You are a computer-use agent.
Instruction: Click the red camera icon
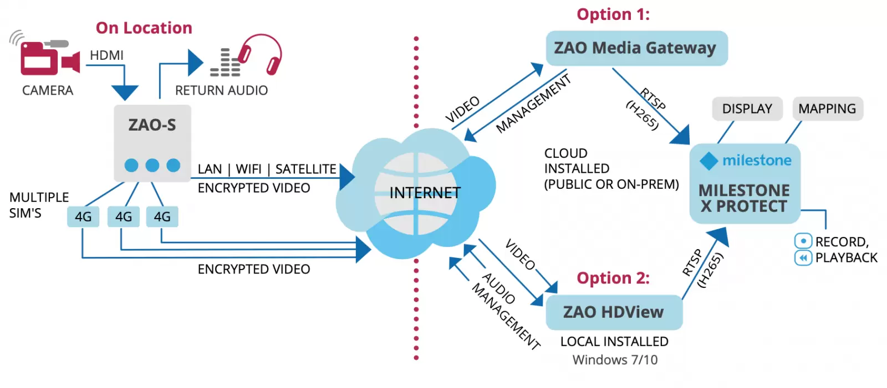click(47, 58)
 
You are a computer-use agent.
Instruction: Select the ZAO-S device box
click(152, 143)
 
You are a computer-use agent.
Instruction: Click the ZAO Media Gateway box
click(636, 48)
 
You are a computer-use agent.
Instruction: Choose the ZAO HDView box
click(614, 312)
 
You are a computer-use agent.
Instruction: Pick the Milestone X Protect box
click(745, 184)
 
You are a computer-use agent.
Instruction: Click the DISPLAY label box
click(747, 108)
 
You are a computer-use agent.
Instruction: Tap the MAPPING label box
click(827, 108)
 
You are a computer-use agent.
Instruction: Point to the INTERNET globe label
click(425, 193)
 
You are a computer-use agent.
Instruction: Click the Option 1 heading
click(613, 14)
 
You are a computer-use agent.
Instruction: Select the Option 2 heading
click(613, 278)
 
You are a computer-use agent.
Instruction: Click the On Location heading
click(144, 28)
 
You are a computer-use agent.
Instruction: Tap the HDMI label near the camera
click(106, 55)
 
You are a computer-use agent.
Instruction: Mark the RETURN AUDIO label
click(221, 90)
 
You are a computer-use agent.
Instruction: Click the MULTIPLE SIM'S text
click(39, 205)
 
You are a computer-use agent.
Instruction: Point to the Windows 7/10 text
click(615, 360)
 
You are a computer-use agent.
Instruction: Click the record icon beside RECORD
click(803, 241)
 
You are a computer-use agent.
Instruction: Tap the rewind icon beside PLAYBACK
click(803, 257)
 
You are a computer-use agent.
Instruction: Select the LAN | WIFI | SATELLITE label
click(267, 169)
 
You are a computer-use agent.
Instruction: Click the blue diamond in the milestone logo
click(708, 161)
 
